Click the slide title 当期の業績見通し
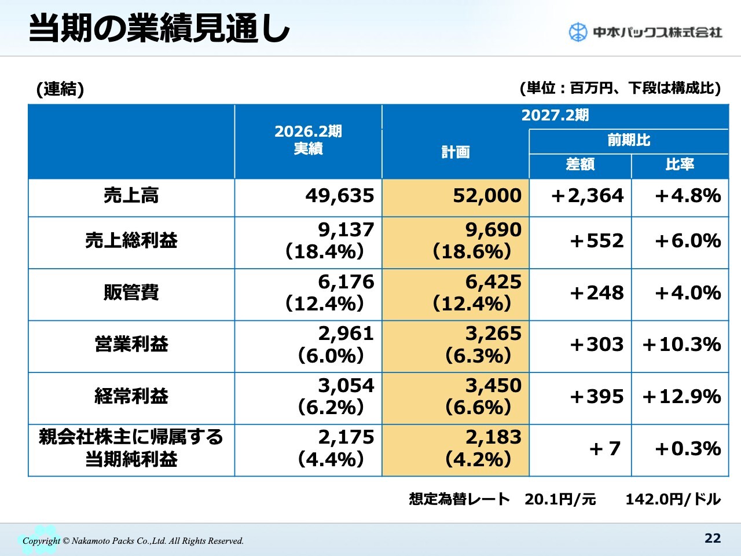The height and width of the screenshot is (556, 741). (159, 29)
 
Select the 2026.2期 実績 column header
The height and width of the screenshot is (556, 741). (308, 140)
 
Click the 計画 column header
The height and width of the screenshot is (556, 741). (456, 152)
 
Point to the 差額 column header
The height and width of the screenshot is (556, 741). (580, 165)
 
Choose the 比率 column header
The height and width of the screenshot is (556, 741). (680, 165)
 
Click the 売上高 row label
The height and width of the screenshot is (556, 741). (131, 196)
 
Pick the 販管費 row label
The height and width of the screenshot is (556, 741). (131, 293)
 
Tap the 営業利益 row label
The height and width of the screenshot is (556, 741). (131, 345)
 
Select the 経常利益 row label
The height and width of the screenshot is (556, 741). (131, 397)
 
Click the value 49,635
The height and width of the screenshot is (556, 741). (340, 196)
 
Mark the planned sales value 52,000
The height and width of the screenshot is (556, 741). (487, 196)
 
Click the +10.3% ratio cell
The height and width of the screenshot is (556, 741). (681, 345)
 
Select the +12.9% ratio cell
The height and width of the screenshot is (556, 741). (681, 397)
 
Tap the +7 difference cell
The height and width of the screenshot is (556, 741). (604, 449)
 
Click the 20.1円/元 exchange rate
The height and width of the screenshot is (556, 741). (560, 499)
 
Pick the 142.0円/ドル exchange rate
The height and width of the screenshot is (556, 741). (673, 499)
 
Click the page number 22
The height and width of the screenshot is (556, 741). (713, 539)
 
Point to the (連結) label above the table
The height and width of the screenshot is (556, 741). (60, 89)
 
